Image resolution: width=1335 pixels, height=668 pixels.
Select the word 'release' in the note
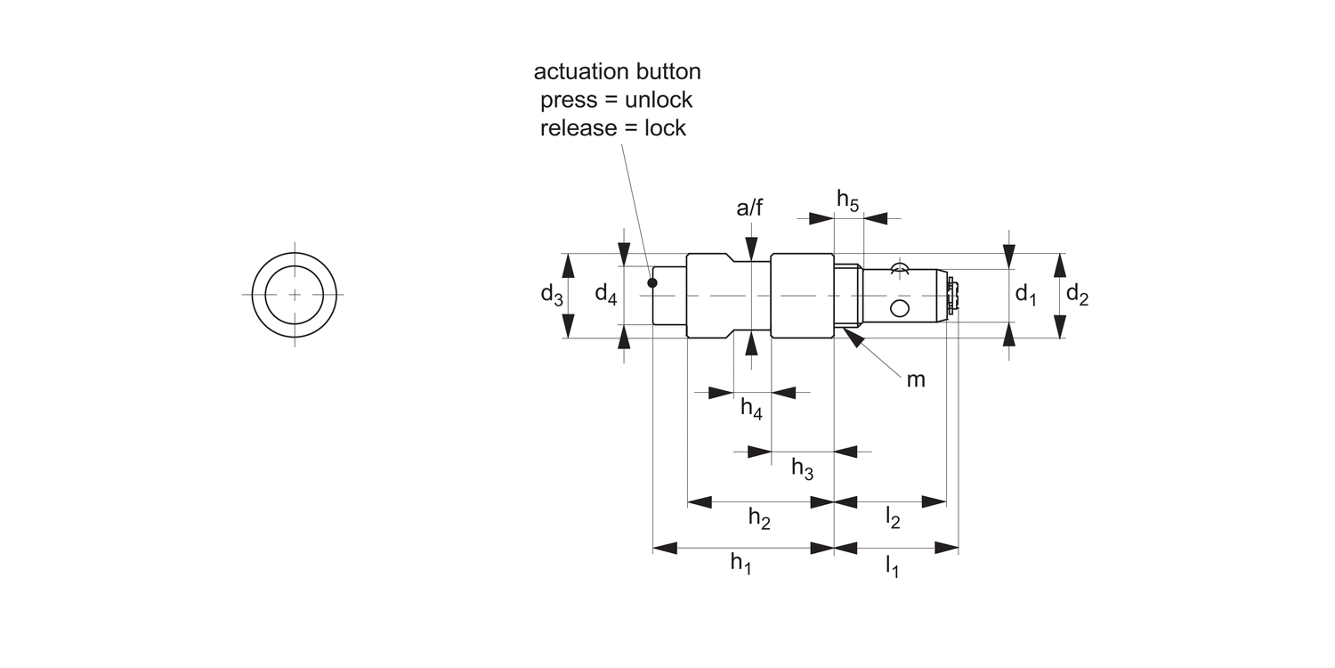click(578, 127)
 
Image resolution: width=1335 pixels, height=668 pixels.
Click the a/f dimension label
click(749, 208)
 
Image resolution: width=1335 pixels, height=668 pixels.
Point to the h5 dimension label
click(847, 200)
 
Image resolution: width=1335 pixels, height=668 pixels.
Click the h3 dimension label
click(802, 468)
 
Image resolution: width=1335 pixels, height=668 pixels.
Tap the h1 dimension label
click(740, 562)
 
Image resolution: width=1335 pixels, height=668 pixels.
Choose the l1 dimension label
click(891, 565)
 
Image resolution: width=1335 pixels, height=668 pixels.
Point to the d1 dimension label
click(1026, 294)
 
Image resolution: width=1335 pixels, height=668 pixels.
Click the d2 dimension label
click(1077, 294)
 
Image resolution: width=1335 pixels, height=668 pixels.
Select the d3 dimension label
click(552, 294)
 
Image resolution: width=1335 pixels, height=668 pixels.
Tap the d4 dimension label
click(605, 294)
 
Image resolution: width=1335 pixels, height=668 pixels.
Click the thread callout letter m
click(916, 380)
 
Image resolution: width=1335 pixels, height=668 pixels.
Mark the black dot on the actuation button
click(652, 283)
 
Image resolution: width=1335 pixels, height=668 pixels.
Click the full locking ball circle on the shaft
click(900, 308)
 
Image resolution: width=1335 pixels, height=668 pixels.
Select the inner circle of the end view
click(294, 294)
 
